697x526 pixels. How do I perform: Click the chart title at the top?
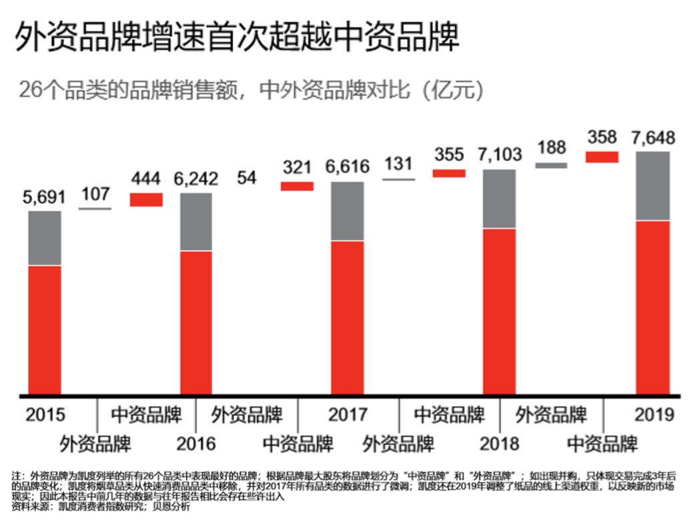(237, 37)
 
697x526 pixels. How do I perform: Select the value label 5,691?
(45, 198)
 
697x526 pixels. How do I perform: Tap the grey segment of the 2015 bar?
(45, 238)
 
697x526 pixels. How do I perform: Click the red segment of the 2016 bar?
(196, 322)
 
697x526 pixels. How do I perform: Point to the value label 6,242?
(196, 180)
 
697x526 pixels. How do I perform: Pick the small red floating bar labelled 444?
(146, 199)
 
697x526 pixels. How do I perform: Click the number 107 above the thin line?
(95, 195)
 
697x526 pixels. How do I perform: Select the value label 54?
(246, 178)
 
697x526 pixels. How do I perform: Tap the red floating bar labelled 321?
(297, 186)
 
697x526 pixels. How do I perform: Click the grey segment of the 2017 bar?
(347, 211)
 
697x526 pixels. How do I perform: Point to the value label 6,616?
(347, 167)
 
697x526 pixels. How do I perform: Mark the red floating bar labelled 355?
(449, 173)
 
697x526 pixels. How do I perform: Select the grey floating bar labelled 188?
(551, 165)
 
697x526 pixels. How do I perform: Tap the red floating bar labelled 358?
(602, 157)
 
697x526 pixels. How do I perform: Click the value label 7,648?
(652, 138)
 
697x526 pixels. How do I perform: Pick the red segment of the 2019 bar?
(652, 307)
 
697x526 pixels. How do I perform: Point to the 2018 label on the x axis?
(500, 443)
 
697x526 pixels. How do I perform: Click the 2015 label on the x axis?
(45, 415)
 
